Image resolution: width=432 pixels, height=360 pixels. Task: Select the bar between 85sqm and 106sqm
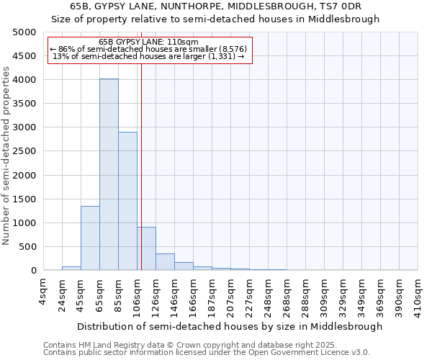pyautogui.click(x=127, y=201)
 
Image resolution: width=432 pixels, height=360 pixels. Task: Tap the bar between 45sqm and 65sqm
pyautogui.click(x=90, y=238)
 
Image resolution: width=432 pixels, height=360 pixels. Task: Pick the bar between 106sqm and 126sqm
pyautogui.click(x=146, y=248)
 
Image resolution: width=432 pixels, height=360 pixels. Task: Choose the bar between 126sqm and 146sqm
pyautogui.click(x=165, y=262)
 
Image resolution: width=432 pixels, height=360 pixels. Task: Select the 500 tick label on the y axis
pyautogui.click(x=27, y=247)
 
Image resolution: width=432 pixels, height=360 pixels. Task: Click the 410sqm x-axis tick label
pyautogui.click(x=418, y=293)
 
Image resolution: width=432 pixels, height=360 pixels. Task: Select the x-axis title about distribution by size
pyautogui.click(x=230, y=326)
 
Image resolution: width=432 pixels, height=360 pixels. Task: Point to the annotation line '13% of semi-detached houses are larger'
pyautogui.click(x=149, y=56)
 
